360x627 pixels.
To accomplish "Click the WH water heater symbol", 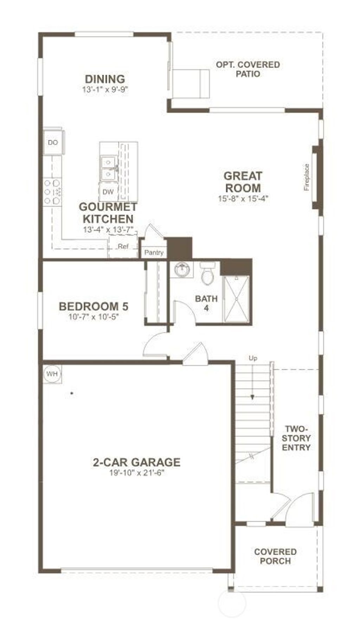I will click(52, 374).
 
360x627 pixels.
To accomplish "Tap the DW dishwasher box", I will click(108, 192).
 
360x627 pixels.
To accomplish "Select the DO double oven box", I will click(53, 142).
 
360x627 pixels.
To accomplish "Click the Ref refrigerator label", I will click(123, 247).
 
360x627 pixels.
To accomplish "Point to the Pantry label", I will click(154, 252).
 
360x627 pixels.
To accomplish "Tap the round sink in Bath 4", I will click(182, 270).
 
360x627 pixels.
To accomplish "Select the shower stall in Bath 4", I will click(237, 299).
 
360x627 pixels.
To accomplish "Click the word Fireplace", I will click(307, 177).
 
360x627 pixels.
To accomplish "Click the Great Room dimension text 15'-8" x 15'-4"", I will click(243, 198).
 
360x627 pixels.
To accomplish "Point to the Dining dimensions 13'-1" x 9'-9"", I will click(105, 89).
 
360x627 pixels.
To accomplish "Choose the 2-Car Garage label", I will click(137, 462).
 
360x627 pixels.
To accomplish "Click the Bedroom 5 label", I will click(94, 306).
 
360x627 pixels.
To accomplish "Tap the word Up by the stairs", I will click(253, 358).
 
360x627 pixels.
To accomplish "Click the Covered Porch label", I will click(275, 556).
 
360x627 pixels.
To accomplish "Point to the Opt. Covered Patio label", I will click(248, 69).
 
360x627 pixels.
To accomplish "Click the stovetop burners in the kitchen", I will click(52, 192).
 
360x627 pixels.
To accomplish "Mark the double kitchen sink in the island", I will click(108, 168).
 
